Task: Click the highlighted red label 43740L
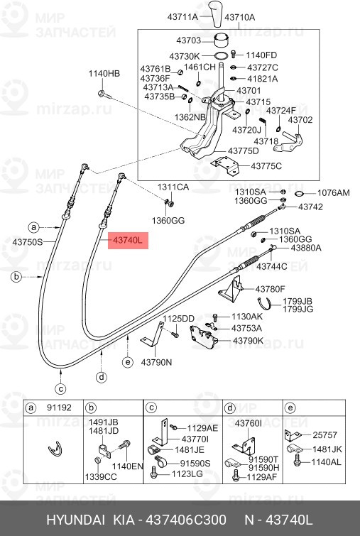[128, 241]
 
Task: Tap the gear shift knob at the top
[216, 12]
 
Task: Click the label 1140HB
[104, 73]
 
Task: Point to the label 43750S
[27, 242]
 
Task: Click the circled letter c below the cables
[61, 388]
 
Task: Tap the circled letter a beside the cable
[33, 227]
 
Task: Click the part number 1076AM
[333, 192]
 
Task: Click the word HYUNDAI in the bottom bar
[77, 520]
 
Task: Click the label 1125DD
[179, 318]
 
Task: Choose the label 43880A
[305, 248]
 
